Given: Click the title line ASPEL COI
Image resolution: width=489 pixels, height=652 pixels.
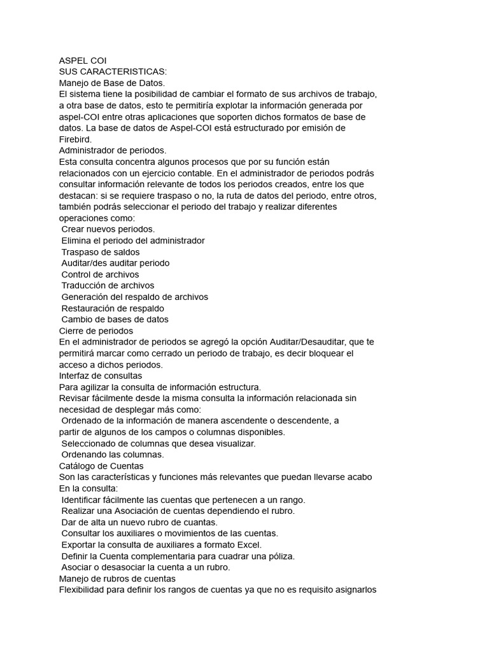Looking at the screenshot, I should tap(82, 60).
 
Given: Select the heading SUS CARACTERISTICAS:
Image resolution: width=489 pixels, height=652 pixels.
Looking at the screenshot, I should tap(113, 72).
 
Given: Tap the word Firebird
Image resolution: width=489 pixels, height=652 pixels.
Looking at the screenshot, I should tap(75, 139).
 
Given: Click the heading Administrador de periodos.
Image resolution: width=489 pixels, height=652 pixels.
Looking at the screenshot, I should tap(113, 150).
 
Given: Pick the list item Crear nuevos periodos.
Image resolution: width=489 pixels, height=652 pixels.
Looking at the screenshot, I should tap(108, 229).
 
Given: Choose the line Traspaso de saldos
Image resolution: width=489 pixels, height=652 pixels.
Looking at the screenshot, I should tap(101, 252).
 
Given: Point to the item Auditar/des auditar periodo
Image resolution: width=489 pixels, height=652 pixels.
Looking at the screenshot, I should tap(115, 263).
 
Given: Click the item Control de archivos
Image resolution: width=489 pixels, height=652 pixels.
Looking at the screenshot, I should tap(100, 274).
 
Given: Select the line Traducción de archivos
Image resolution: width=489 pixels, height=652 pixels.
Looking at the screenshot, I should tap(108, 285).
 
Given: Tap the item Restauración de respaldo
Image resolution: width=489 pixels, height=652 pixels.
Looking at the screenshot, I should tap(113, 308).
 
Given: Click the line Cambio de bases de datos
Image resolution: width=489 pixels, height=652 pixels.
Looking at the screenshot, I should tap(115, 320).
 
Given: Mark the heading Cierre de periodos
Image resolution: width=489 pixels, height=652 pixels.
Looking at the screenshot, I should tap(96, 330).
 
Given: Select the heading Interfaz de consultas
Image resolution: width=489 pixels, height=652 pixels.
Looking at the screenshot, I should tap(101, 376).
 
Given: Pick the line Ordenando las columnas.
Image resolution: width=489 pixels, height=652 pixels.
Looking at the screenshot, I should tap(113, 455).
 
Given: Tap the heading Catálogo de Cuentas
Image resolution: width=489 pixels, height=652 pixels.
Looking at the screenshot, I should tap(100, 466).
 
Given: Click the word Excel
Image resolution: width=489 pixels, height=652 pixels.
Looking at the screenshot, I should tap(249, 545).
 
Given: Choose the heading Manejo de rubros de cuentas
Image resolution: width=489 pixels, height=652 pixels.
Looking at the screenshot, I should tap(117, 579).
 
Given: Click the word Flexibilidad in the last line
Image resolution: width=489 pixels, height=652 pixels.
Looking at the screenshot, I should tap(83, 590).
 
